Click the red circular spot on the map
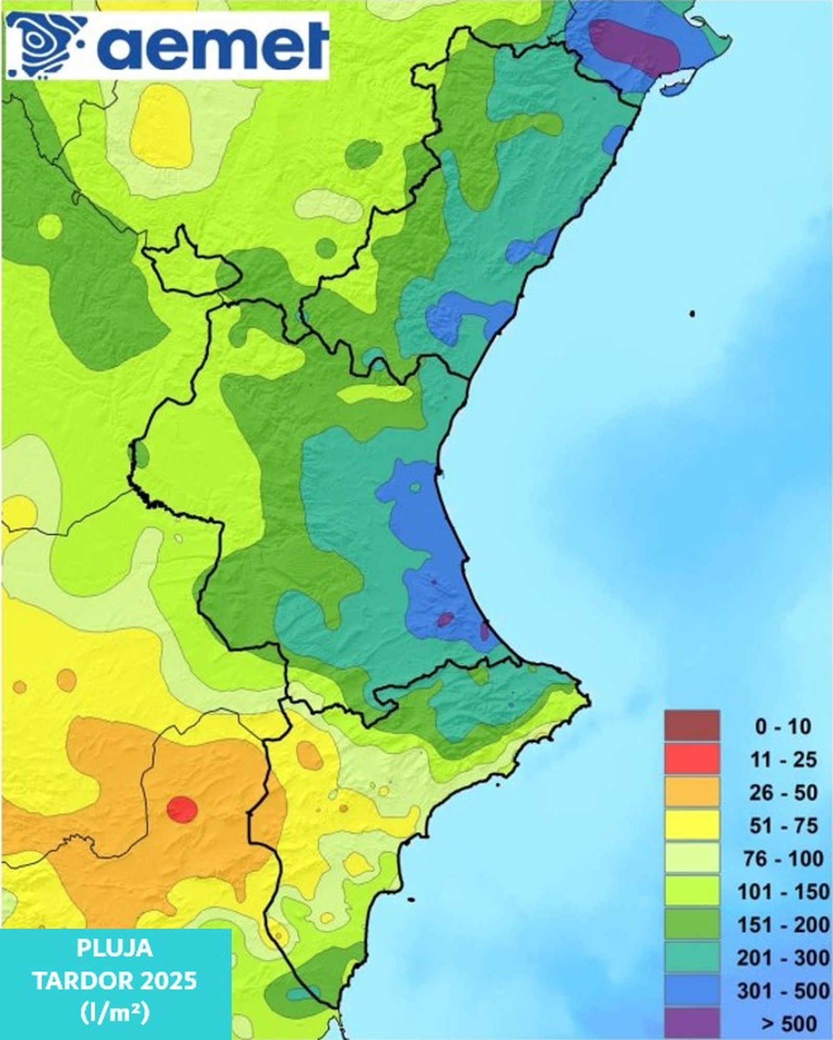pos(182,809)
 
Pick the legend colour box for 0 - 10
pos(691,726)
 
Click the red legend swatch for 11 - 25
pos(691,759)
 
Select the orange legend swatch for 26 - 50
pos(691,792)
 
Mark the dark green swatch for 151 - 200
pos(691,925)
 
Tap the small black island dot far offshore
pos(692,314)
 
